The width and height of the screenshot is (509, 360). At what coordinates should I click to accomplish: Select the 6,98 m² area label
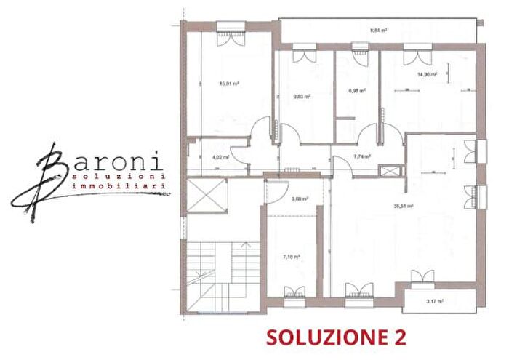tap(357, 92)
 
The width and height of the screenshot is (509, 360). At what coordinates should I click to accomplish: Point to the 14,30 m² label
tap(427, 74)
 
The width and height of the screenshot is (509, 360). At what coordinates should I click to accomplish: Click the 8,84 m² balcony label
tap(378, 31)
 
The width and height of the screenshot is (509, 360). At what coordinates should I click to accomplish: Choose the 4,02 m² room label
tap(220, 156)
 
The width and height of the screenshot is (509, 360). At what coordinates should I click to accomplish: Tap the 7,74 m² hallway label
tap(362, 156)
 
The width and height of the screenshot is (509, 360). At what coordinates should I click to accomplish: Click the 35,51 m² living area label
tap(404, 206)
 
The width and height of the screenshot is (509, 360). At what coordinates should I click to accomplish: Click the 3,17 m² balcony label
tap(436, 300)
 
